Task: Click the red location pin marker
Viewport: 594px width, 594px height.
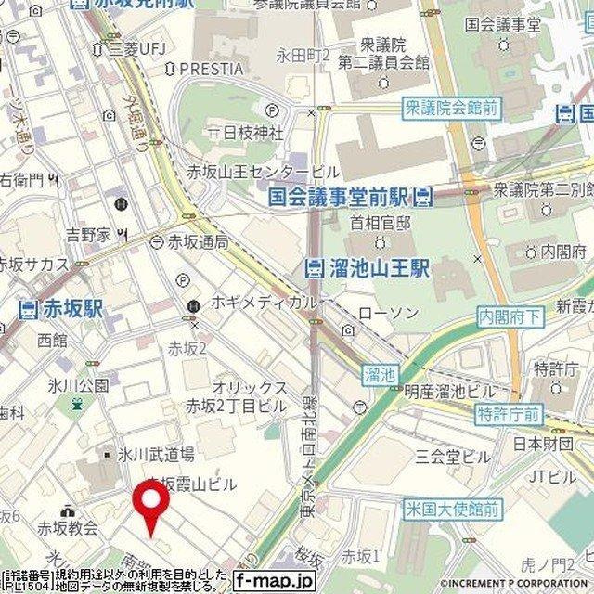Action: (152, 507)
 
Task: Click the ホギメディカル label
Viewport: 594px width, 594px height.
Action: (264, 303)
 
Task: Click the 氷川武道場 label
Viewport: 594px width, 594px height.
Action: (155, 454)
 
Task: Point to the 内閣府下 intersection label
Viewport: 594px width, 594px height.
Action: (509, 316)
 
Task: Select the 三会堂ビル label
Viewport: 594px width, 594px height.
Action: (452, 457)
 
